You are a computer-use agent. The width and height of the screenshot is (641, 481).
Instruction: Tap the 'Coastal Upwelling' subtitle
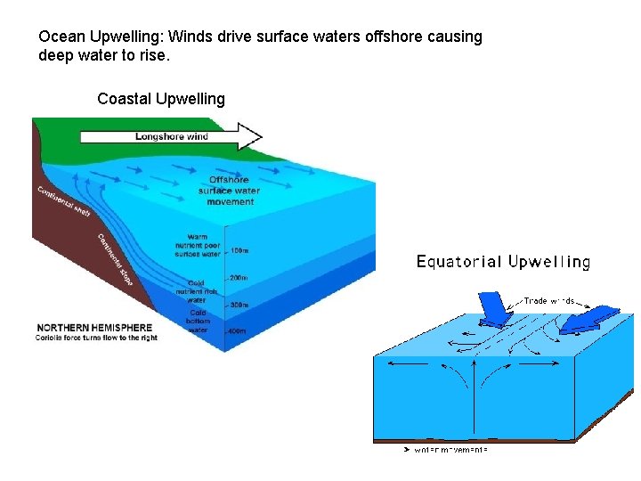pos(161,99)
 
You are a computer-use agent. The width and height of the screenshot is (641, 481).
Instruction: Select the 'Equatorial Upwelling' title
pos(503,262)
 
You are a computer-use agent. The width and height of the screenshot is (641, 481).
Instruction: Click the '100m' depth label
pos(239,250)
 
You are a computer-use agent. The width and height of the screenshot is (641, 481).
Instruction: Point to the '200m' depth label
pos(239,278)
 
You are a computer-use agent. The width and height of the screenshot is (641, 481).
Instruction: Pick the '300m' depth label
pos(239,305)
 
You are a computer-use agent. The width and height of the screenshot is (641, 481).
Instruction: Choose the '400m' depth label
pos(238,331)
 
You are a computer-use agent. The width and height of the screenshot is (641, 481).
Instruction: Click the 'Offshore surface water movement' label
pos(229,191)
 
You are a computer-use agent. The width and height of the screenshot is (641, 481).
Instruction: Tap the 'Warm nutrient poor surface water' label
pos(198,245)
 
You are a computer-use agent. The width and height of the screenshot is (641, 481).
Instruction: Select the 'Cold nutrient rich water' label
pos(197,291)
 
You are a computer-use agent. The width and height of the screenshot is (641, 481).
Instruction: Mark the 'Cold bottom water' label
pos(198,322)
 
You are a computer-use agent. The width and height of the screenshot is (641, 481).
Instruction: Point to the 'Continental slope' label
pos(116,259)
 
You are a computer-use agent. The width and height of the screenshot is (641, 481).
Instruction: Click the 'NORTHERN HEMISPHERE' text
pos(93,328)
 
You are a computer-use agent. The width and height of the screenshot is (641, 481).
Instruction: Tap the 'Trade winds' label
pos(548,301)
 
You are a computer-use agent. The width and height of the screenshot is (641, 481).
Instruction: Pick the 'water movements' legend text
pos(450,450)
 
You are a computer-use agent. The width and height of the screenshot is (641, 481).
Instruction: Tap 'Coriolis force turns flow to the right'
pos(96,338)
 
